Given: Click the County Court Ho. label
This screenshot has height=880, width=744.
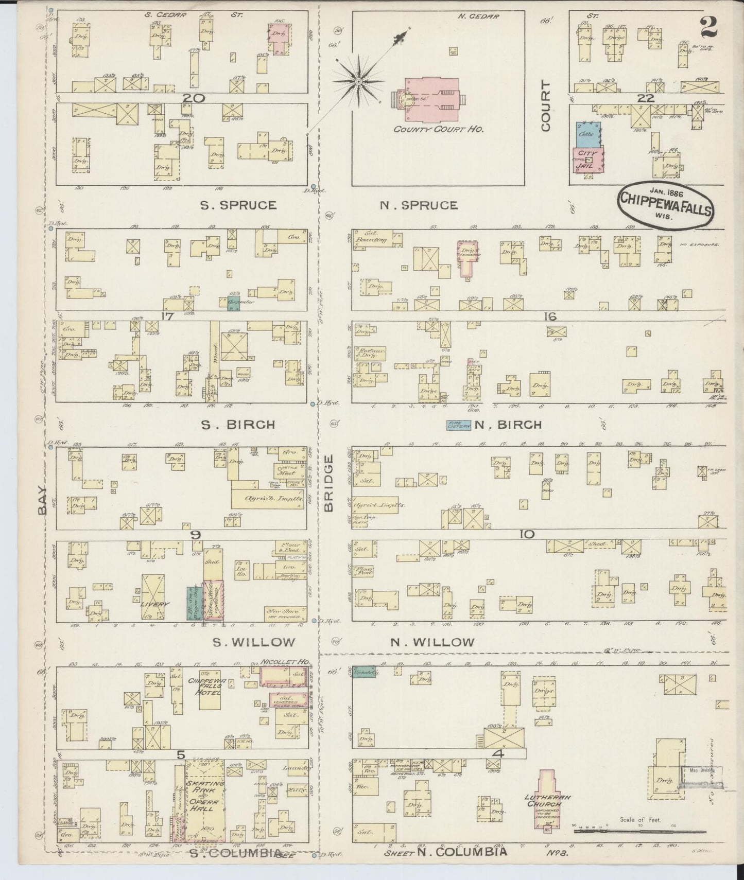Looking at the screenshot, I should pyautogui.click(x=438, y=130).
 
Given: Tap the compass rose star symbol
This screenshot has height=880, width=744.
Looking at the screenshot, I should pyautogui.click(x=358, y=82).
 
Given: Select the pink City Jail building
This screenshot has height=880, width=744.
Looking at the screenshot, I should pyautogui.click(x=588, y=160).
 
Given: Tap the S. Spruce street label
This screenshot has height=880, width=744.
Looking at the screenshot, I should pyautogui.click(x=238, y=205).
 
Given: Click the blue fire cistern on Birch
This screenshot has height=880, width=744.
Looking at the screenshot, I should pyautogui.click(x=459, y=425).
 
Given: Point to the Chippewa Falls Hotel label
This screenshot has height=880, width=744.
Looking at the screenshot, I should pyautogui.click(x=204, y=687).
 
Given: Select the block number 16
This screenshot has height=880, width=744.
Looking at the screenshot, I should pyautogui.click(x=550, y=316).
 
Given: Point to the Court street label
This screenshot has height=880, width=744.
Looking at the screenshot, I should pyautogui.click(x=546, y=106).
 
